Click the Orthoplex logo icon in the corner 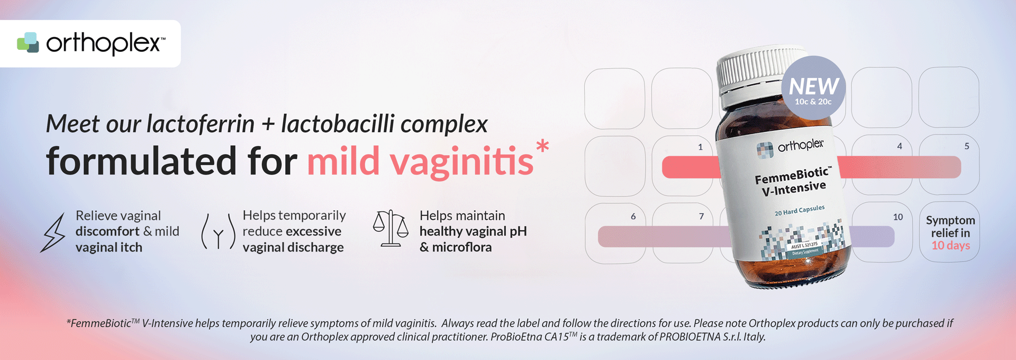tap(28, 42)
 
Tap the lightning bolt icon tap(53, 232)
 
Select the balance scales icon tap(391, 228)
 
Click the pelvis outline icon tap(218, 231)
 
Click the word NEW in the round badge tap(814, 86)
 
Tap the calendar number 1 tap(700, 147)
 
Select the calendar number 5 tap(967, 146)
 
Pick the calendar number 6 tap(633, 217)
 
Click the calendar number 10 tap(898, 217)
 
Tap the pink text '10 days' tap(951, 246)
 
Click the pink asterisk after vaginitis tap(542, 146)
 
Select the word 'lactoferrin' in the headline tap(201, 124)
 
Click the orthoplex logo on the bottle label tap(790, 148)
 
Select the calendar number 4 tap(900, 146)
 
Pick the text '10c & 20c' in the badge tap(813, 102)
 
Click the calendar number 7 tap(701, 217)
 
